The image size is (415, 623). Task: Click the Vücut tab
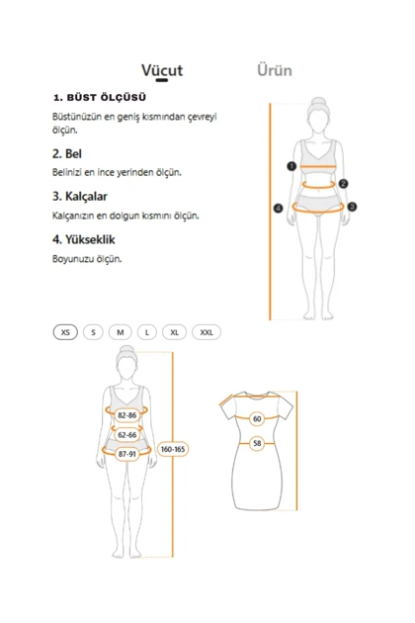click(x=162, y=70)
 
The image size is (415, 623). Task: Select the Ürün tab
click(x=274, y=70)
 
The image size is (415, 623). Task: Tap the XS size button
click(x=65, y=332)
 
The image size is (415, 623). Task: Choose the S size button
click(x=94, y=332)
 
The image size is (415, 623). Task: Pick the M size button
click(x=121, y=332)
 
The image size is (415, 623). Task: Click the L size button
click(x=146, y=332)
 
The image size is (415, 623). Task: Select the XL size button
click(x=174, y=332)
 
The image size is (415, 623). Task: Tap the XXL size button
click(x=206, y=332)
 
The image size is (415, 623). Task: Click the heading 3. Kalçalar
click(x=82, y=196)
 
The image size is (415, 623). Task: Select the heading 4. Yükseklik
click(x=85, y=239)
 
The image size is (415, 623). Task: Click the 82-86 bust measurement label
click(x=126, y=415)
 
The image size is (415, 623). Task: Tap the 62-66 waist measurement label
click(x=126, y=434)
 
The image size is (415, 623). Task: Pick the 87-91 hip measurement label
click(x=126, y=454)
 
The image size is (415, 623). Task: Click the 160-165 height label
click(x=173, y=449)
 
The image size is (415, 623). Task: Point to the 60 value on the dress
click(x=257, y=419)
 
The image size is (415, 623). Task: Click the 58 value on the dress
click(x=257, y=444)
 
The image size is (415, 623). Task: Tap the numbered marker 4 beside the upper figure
click(x=279, y=208)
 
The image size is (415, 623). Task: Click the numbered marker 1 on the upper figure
click(x=292, y=166)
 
